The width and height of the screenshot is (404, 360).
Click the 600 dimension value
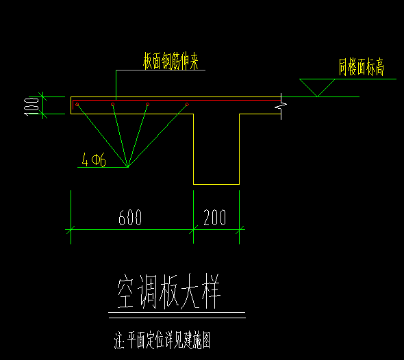pos(130,218)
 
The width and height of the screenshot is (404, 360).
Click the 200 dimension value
pos(215,218)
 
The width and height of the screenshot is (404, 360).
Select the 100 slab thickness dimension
pos(31,106)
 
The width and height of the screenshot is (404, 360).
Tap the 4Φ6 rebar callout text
pos(94,159)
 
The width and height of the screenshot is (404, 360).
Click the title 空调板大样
pos(169,292)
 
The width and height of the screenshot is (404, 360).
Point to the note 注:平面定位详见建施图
pos(162,340)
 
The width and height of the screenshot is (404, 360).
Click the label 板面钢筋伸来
pos(171,61)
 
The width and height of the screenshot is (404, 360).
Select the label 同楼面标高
pos(362,67)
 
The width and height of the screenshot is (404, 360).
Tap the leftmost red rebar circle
pos(77,104)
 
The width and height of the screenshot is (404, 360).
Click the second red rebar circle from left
pos(112,104)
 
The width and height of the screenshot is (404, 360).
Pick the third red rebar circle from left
pos(147,104)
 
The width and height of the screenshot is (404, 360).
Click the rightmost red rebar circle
pos(187,104)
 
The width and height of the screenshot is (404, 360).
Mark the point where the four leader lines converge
pos(127,167)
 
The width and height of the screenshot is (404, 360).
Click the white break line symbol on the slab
pos(281,106)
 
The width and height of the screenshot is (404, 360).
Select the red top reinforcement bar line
pos(177,100)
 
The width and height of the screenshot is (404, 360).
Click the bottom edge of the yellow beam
pos(216,184)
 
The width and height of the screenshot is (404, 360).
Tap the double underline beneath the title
pos(177,316)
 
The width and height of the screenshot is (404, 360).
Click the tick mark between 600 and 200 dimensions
pos(194,229)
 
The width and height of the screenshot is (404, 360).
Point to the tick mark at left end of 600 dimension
pos(71,229)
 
